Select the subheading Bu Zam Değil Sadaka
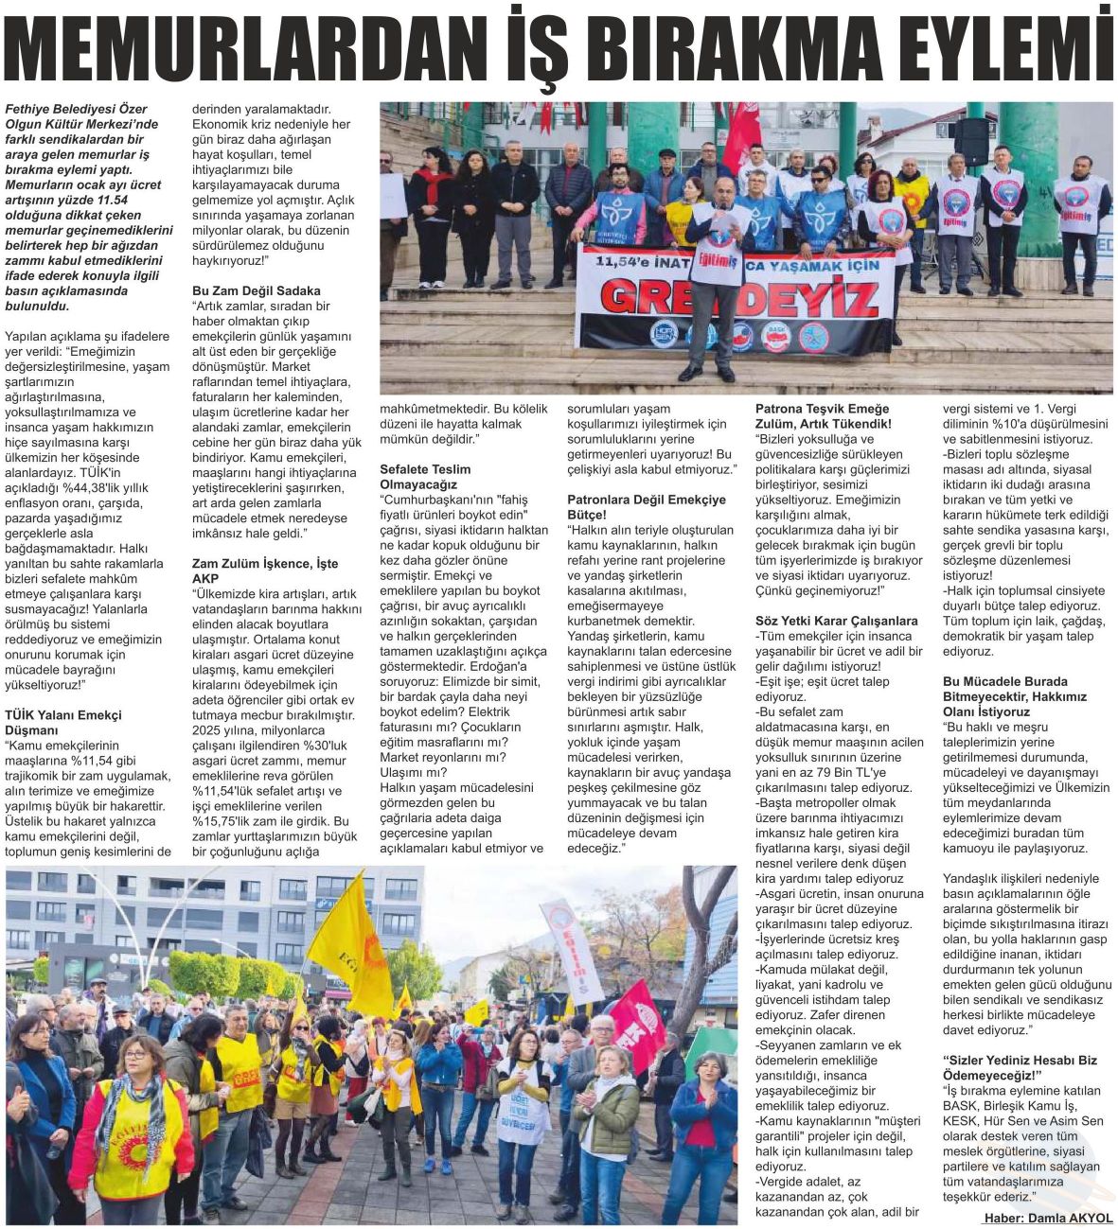(x=257, y=290)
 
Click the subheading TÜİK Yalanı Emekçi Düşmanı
(x=63, y=722)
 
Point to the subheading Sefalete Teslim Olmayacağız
(x=425, y=476)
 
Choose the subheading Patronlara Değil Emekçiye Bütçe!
(x=647, y=506)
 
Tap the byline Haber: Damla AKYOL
(x=1048, y=1218)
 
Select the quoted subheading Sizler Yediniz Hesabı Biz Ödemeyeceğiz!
(x=1020, y=1067)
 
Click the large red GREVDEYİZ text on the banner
(x=738, y=299)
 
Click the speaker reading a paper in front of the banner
(x=716, y=274)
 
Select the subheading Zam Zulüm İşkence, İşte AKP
(x=265, y=571)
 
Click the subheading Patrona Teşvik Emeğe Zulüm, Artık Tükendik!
(x=824, y=415)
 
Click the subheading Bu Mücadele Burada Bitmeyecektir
(x=1015, y=695)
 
